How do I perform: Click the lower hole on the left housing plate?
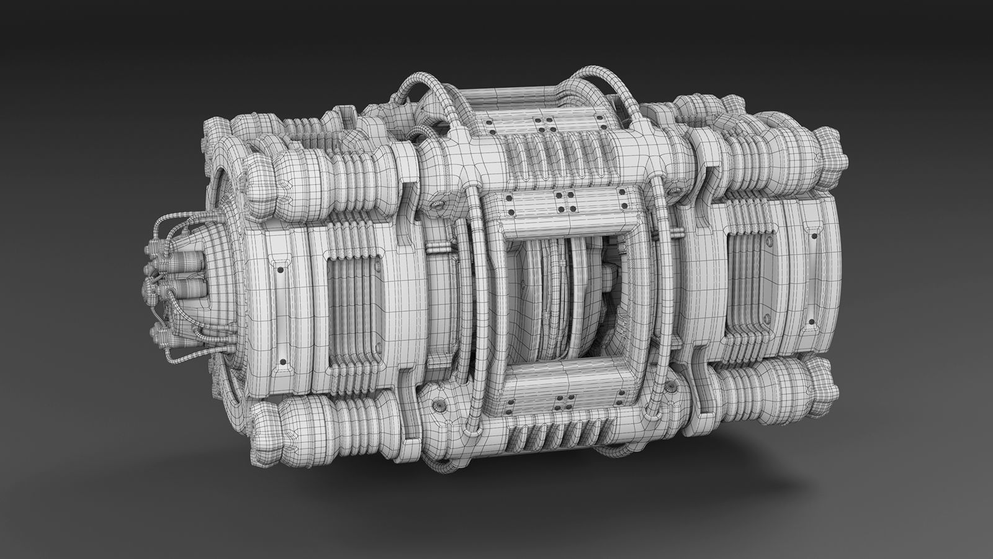click(x=282, y=360)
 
